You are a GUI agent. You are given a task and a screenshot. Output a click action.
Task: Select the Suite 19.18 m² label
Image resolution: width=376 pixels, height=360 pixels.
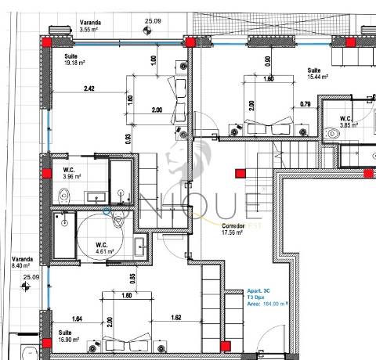click(76, 60)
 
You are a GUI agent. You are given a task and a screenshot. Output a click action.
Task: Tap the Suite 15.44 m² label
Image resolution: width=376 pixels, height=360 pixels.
click(316, 74)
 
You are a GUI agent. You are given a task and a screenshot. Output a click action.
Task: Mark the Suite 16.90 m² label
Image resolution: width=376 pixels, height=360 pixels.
click(60, 337)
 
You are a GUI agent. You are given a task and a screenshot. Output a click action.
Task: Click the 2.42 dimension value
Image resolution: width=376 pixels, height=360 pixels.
click(91, 89)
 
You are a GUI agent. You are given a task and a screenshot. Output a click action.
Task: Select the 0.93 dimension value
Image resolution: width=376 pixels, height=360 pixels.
click(128, 139)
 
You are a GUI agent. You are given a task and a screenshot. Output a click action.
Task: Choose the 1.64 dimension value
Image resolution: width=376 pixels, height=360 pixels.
click(77, 318)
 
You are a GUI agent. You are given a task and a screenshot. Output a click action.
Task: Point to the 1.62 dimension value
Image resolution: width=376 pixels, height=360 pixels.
click(176, 318)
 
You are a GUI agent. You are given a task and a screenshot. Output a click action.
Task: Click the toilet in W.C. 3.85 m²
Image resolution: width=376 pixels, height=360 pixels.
click(333, 135)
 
